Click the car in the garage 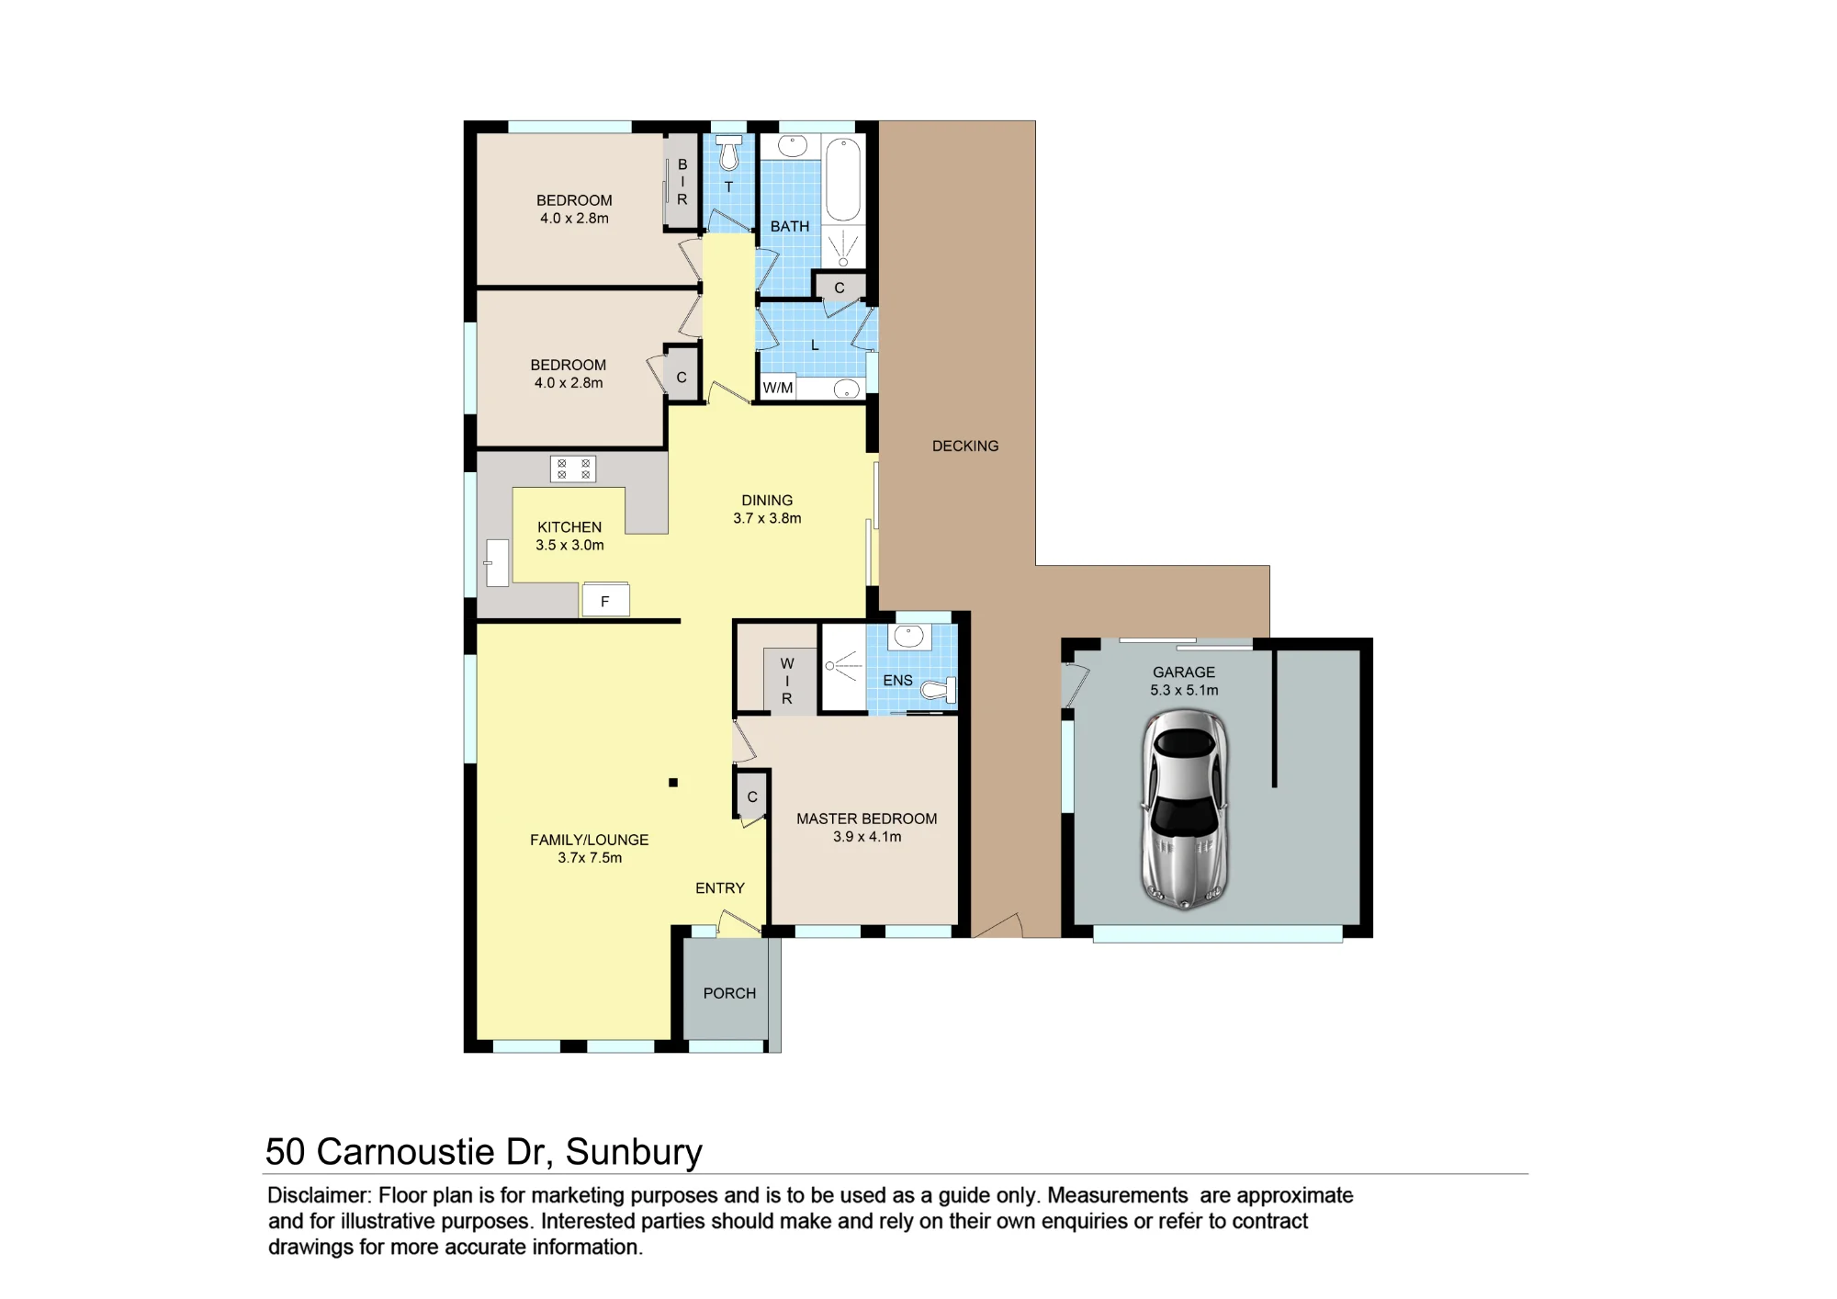point(1185,809)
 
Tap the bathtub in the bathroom point(843,180)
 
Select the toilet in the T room point(728,152)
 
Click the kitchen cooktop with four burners point(573,469)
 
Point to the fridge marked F point(605,600)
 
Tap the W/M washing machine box point(778,388)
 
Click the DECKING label point(965,446)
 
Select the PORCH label point(729,993)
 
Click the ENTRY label point(720,888)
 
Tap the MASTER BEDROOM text point(867,819)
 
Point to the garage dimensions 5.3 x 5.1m point(1184,690)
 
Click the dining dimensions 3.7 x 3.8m point(767,518)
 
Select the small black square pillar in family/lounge point(673,783)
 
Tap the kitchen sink point(497,562)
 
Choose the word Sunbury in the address point(634,1152)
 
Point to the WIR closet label point(787,681)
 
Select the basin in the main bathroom point(793,146)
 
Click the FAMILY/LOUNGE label point(589,840)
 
